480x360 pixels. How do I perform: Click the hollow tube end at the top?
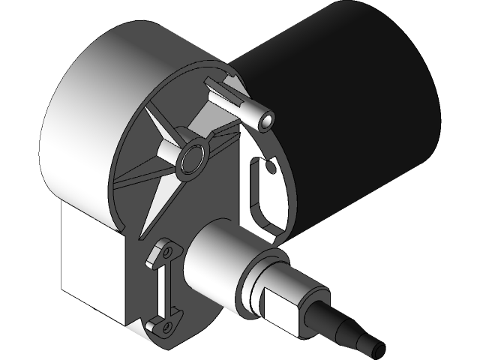(265, 119)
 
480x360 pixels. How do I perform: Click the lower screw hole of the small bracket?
(166, 325)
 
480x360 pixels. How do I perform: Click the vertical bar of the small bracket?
(160, 289)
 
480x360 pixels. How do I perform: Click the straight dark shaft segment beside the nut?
(322, 319)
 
